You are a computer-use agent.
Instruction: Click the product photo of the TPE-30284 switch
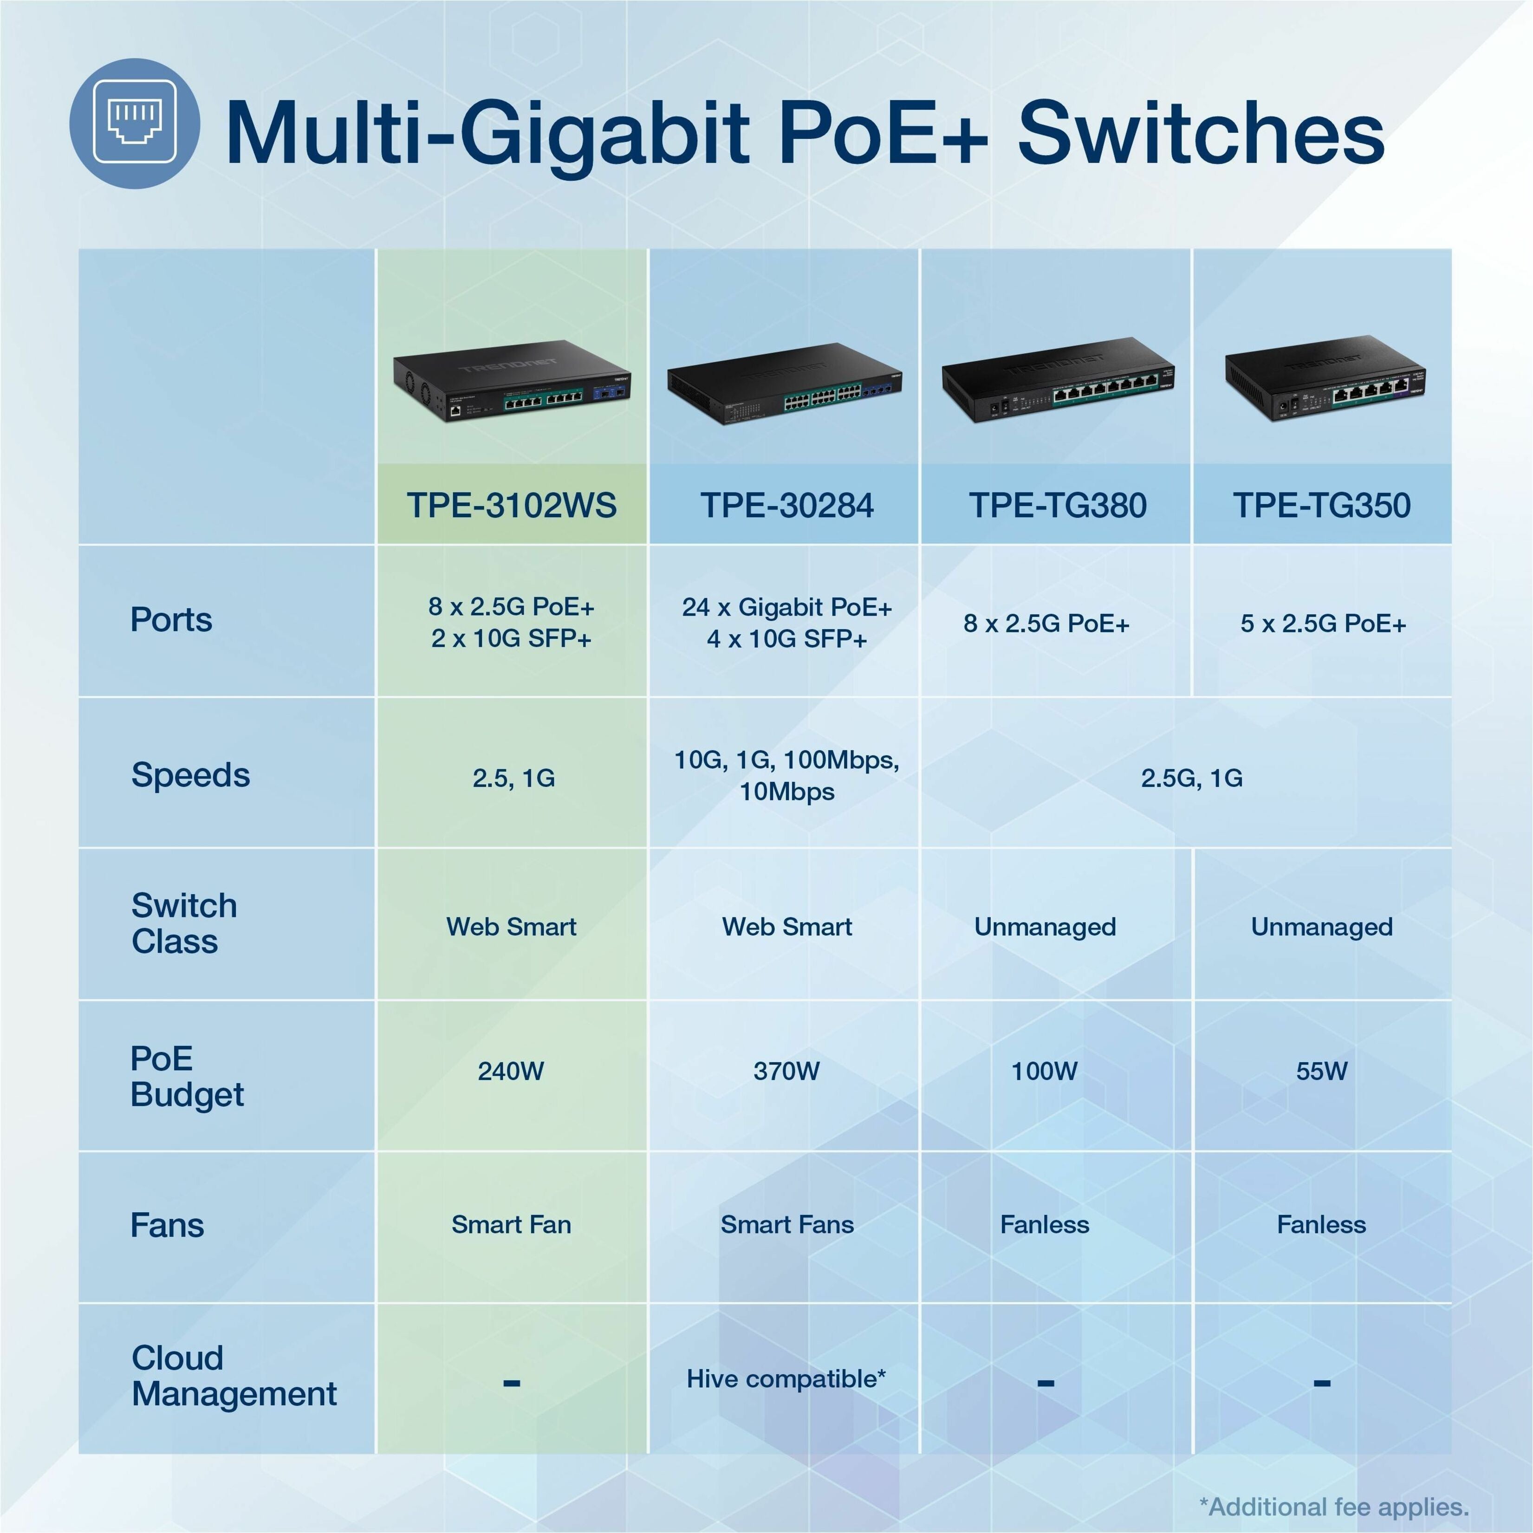[x=785, y=383]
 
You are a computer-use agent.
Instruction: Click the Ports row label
[x=171, y=620]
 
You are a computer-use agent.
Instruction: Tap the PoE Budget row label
[x=187, y=1076]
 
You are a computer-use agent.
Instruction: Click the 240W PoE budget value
[x=511, y=1071]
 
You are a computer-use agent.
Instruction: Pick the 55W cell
[x=1322, y=1071]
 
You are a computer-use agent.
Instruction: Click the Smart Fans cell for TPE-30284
[x=787, y=1224]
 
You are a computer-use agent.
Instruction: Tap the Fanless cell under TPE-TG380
[x=1045, y=1224]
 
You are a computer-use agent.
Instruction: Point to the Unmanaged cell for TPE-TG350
[x=1322, y=927]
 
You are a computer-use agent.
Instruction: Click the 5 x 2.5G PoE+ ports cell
[x=1324, y=624]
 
